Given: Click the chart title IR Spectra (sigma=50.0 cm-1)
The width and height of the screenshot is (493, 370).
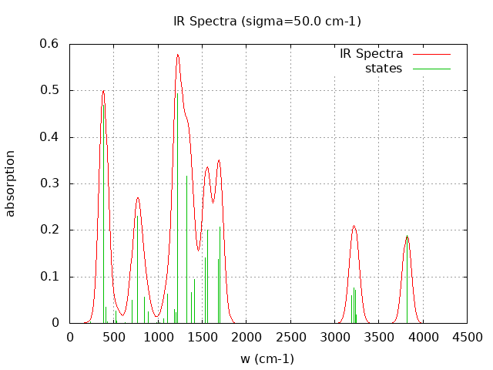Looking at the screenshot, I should tap(267, 21).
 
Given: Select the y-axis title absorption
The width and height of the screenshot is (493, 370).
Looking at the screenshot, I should tap(11, 183).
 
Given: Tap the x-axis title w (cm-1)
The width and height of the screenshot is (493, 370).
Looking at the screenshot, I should tap(267, 358).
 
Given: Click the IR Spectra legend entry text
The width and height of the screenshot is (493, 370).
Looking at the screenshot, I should tap(371, 54).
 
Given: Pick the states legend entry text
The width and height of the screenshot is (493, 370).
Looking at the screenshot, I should tap(384, 69).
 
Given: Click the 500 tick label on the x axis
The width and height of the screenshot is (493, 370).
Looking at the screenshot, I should tap(114, 337).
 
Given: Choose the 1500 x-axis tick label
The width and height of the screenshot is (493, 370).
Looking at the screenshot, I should tap(203, 337).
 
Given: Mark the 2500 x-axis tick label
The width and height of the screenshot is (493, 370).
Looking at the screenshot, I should tap(290, 337).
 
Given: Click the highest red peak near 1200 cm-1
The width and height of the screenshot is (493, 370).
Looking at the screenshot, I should tap(177, 55).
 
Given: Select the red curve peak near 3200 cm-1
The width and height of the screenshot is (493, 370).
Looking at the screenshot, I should tap(354, 226).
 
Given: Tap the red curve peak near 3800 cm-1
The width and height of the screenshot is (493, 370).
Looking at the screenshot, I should tap(407, 236).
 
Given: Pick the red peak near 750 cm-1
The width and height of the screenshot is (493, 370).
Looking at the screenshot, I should tap(138, 198).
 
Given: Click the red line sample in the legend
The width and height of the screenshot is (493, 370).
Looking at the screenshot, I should tap(431, 54).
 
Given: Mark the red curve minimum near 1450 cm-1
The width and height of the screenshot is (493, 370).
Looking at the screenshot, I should tap(199, 250).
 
